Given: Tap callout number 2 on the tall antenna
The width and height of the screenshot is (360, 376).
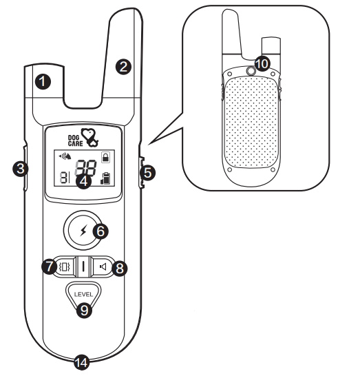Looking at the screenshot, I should click(x=123, y=67).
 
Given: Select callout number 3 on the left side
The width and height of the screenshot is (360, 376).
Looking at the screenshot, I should click(x=21, y=167).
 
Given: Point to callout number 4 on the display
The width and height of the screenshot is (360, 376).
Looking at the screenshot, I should click(x=84, y=182).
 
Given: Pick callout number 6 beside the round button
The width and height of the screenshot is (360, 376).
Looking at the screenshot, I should click(x=100, y=231).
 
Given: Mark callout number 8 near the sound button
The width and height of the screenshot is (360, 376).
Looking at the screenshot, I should click(x=120, y=268).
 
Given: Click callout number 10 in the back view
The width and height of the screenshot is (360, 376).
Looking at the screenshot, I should click(x=262, y=63).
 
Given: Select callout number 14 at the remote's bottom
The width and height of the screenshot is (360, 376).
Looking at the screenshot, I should click(x=82, y=362).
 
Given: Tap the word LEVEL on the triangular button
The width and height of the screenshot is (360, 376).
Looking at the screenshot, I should click(x=83, y=295).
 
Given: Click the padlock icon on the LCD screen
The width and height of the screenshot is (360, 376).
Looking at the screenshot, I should click(x=106, y=157).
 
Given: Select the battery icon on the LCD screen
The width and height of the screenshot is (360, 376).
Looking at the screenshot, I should click(x=105, y=181).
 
